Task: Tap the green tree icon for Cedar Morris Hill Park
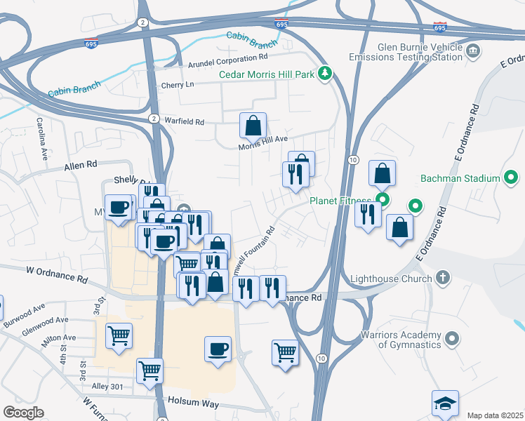[x=325, y=73]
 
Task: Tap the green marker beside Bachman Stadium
[x=512, y=178]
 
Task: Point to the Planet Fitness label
[x=342, y=201]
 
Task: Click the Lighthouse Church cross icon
[x=442, y=278]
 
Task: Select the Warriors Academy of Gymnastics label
[x=401, y=340]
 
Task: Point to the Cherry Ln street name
[x=177, y=84]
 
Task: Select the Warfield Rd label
[x=183, y=121]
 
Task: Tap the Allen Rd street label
[x=80, y=166]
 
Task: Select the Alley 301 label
[x=107, y=387]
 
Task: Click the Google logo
[x=23, y=412]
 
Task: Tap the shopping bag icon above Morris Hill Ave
[x=253, y=126]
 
